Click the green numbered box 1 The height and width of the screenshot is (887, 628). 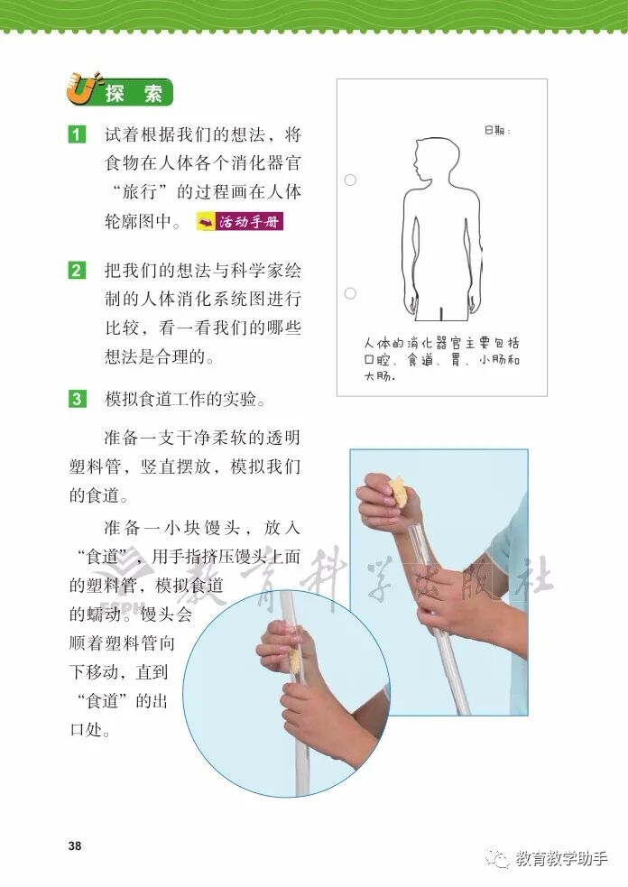pos(78,134)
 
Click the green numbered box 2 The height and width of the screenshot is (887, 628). pos(78,271)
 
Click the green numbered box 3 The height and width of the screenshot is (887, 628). pos(78,400)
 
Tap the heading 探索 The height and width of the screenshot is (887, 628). pos(134,93)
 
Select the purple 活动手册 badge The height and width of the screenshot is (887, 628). pos(240,222)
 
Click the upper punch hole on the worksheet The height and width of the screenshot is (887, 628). pos(350,180)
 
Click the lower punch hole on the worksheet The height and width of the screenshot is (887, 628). pos(350,293)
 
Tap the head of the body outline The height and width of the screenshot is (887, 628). pos(434,160)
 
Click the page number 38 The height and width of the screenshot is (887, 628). pos(75,845)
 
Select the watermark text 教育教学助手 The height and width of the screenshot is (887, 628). pos(561,859)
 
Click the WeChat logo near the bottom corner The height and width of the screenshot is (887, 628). pos(500,858)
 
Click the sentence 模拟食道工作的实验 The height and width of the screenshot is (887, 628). pos(185,400)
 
